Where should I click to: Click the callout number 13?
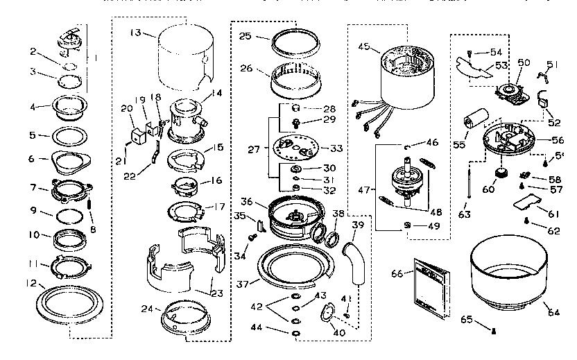pos(135,32)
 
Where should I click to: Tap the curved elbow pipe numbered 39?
pos(356,260)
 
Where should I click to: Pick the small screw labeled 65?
pos(492,331)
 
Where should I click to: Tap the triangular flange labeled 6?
pos(70,162)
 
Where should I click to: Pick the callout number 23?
pos(217,293)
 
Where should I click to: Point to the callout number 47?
pos(366,189)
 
